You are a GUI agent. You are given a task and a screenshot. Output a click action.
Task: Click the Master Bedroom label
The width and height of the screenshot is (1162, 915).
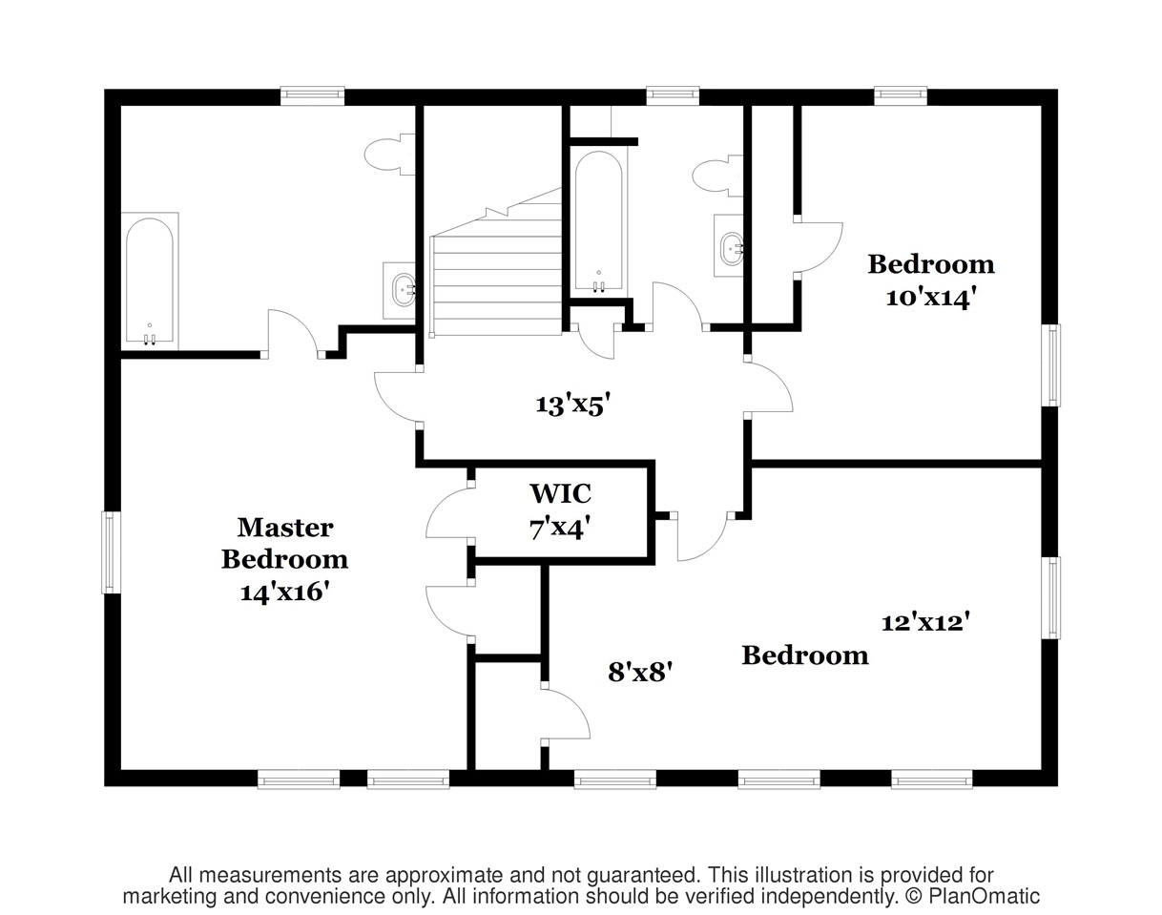tap(285, 543)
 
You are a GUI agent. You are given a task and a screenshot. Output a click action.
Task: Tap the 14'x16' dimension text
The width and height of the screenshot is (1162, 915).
tap(285, 593)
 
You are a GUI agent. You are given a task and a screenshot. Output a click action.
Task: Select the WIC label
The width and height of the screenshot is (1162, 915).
tap(560, 493)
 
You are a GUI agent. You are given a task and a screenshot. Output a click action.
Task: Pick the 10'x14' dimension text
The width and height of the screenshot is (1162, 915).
tap(931, 297)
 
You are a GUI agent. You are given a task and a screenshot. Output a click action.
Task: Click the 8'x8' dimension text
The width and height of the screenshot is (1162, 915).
tap(640, 672)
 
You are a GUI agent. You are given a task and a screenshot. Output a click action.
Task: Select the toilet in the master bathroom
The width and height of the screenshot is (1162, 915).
tap(389, 155)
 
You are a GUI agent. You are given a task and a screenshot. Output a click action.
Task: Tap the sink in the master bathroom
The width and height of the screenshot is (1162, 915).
tap(400, 291)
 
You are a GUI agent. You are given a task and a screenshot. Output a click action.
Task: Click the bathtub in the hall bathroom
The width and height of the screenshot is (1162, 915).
tap(598, 222)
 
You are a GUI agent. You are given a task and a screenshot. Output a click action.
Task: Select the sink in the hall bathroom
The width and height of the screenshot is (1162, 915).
tap(730, 246)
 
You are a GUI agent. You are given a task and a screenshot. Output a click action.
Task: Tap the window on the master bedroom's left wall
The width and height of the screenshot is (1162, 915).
tap(111, 552)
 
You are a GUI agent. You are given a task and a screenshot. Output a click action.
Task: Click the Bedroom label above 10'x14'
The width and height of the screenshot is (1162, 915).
tap(931, 264)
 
